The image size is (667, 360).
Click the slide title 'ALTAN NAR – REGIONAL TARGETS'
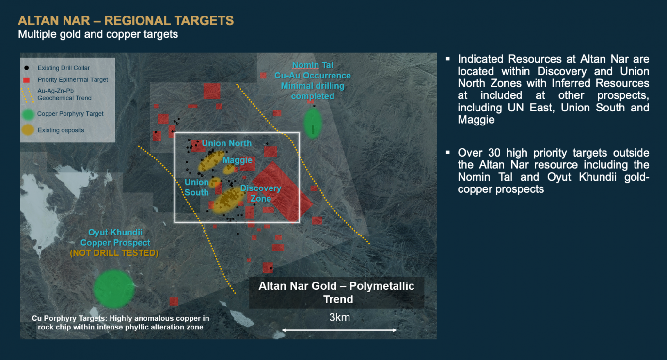[126, 21]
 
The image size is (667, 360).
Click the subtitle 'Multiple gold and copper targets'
[98, 34]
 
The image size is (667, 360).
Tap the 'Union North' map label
[226, 143]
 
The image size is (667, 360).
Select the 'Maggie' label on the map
[238, 160]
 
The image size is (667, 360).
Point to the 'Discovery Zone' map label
[261, 193]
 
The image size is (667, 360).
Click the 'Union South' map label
[196, 188]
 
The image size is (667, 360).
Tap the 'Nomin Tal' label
[313, 65]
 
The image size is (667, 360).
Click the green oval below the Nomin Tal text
[312, 123]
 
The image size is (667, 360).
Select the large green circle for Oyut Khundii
[114, 289]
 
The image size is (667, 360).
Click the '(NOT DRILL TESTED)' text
[114, 253]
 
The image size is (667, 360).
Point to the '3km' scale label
[339, 318]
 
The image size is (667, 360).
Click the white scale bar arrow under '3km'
[339, 330]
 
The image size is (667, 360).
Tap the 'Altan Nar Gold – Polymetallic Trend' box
[336, 293]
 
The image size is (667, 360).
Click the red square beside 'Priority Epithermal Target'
[27, 80]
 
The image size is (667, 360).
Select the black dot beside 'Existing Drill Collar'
[27, 68]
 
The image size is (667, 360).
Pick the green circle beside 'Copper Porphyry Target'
[28, 114]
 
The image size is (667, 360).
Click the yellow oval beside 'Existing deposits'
[28, 130]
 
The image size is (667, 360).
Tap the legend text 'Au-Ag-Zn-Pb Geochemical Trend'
[64, 94]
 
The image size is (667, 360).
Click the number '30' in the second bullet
[494, 153]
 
